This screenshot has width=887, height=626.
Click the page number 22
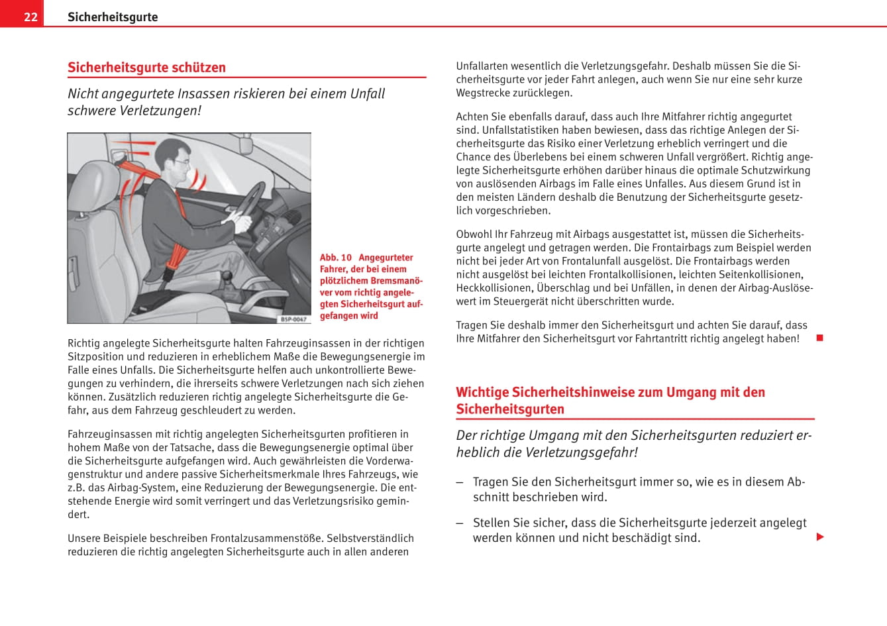click(x=30, y=17)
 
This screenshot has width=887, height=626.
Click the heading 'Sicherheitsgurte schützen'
click(x=146, y=68)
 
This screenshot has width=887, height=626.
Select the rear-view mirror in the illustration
click(x=246, y=142)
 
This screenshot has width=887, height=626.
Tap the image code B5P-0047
click(x=293, y=319)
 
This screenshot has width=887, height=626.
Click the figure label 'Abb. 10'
click(x=336, y=258)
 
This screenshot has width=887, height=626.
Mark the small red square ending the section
click(x=819, y=338)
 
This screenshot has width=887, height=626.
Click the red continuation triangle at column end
click(x=820, y=537)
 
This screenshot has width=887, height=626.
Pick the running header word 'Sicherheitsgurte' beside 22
click(x=113, y=17)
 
